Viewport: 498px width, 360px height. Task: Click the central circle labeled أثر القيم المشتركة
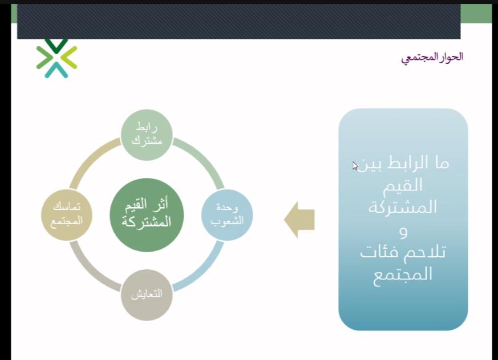(x=147, y=215)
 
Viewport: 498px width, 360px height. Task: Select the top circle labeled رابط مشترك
(x=147, y=135)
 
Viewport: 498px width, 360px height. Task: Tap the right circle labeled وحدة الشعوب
(x=227, y=215)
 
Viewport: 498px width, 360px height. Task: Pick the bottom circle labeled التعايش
(x=147, y=295)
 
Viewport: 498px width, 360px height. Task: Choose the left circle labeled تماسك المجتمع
(x=67, y=215)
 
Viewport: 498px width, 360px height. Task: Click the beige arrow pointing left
(x=299, y=219)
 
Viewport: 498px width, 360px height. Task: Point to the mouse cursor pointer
(x=355, y=166)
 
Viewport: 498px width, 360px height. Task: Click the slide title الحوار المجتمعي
(x=432, y=57)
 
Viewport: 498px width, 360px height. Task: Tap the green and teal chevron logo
(x=56, y=58)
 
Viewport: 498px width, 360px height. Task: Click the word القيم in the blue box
(x=402, y=185)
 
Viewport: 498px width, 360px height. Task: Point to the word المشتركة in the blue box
(x=402, y=207)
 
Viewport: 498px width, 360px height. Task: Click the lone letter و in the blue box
(x=403, y=232)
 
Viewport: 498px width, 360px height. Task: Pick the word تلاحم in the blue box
(x=426, y=252)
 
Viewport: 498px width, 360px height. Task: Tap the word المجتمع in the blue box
(x=402, y=274)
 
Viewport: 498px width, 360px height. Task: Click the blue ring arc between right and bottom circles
(x=203, y=271)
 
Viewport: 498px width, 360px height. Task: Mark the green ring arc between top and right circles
(x=203, y=159)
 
